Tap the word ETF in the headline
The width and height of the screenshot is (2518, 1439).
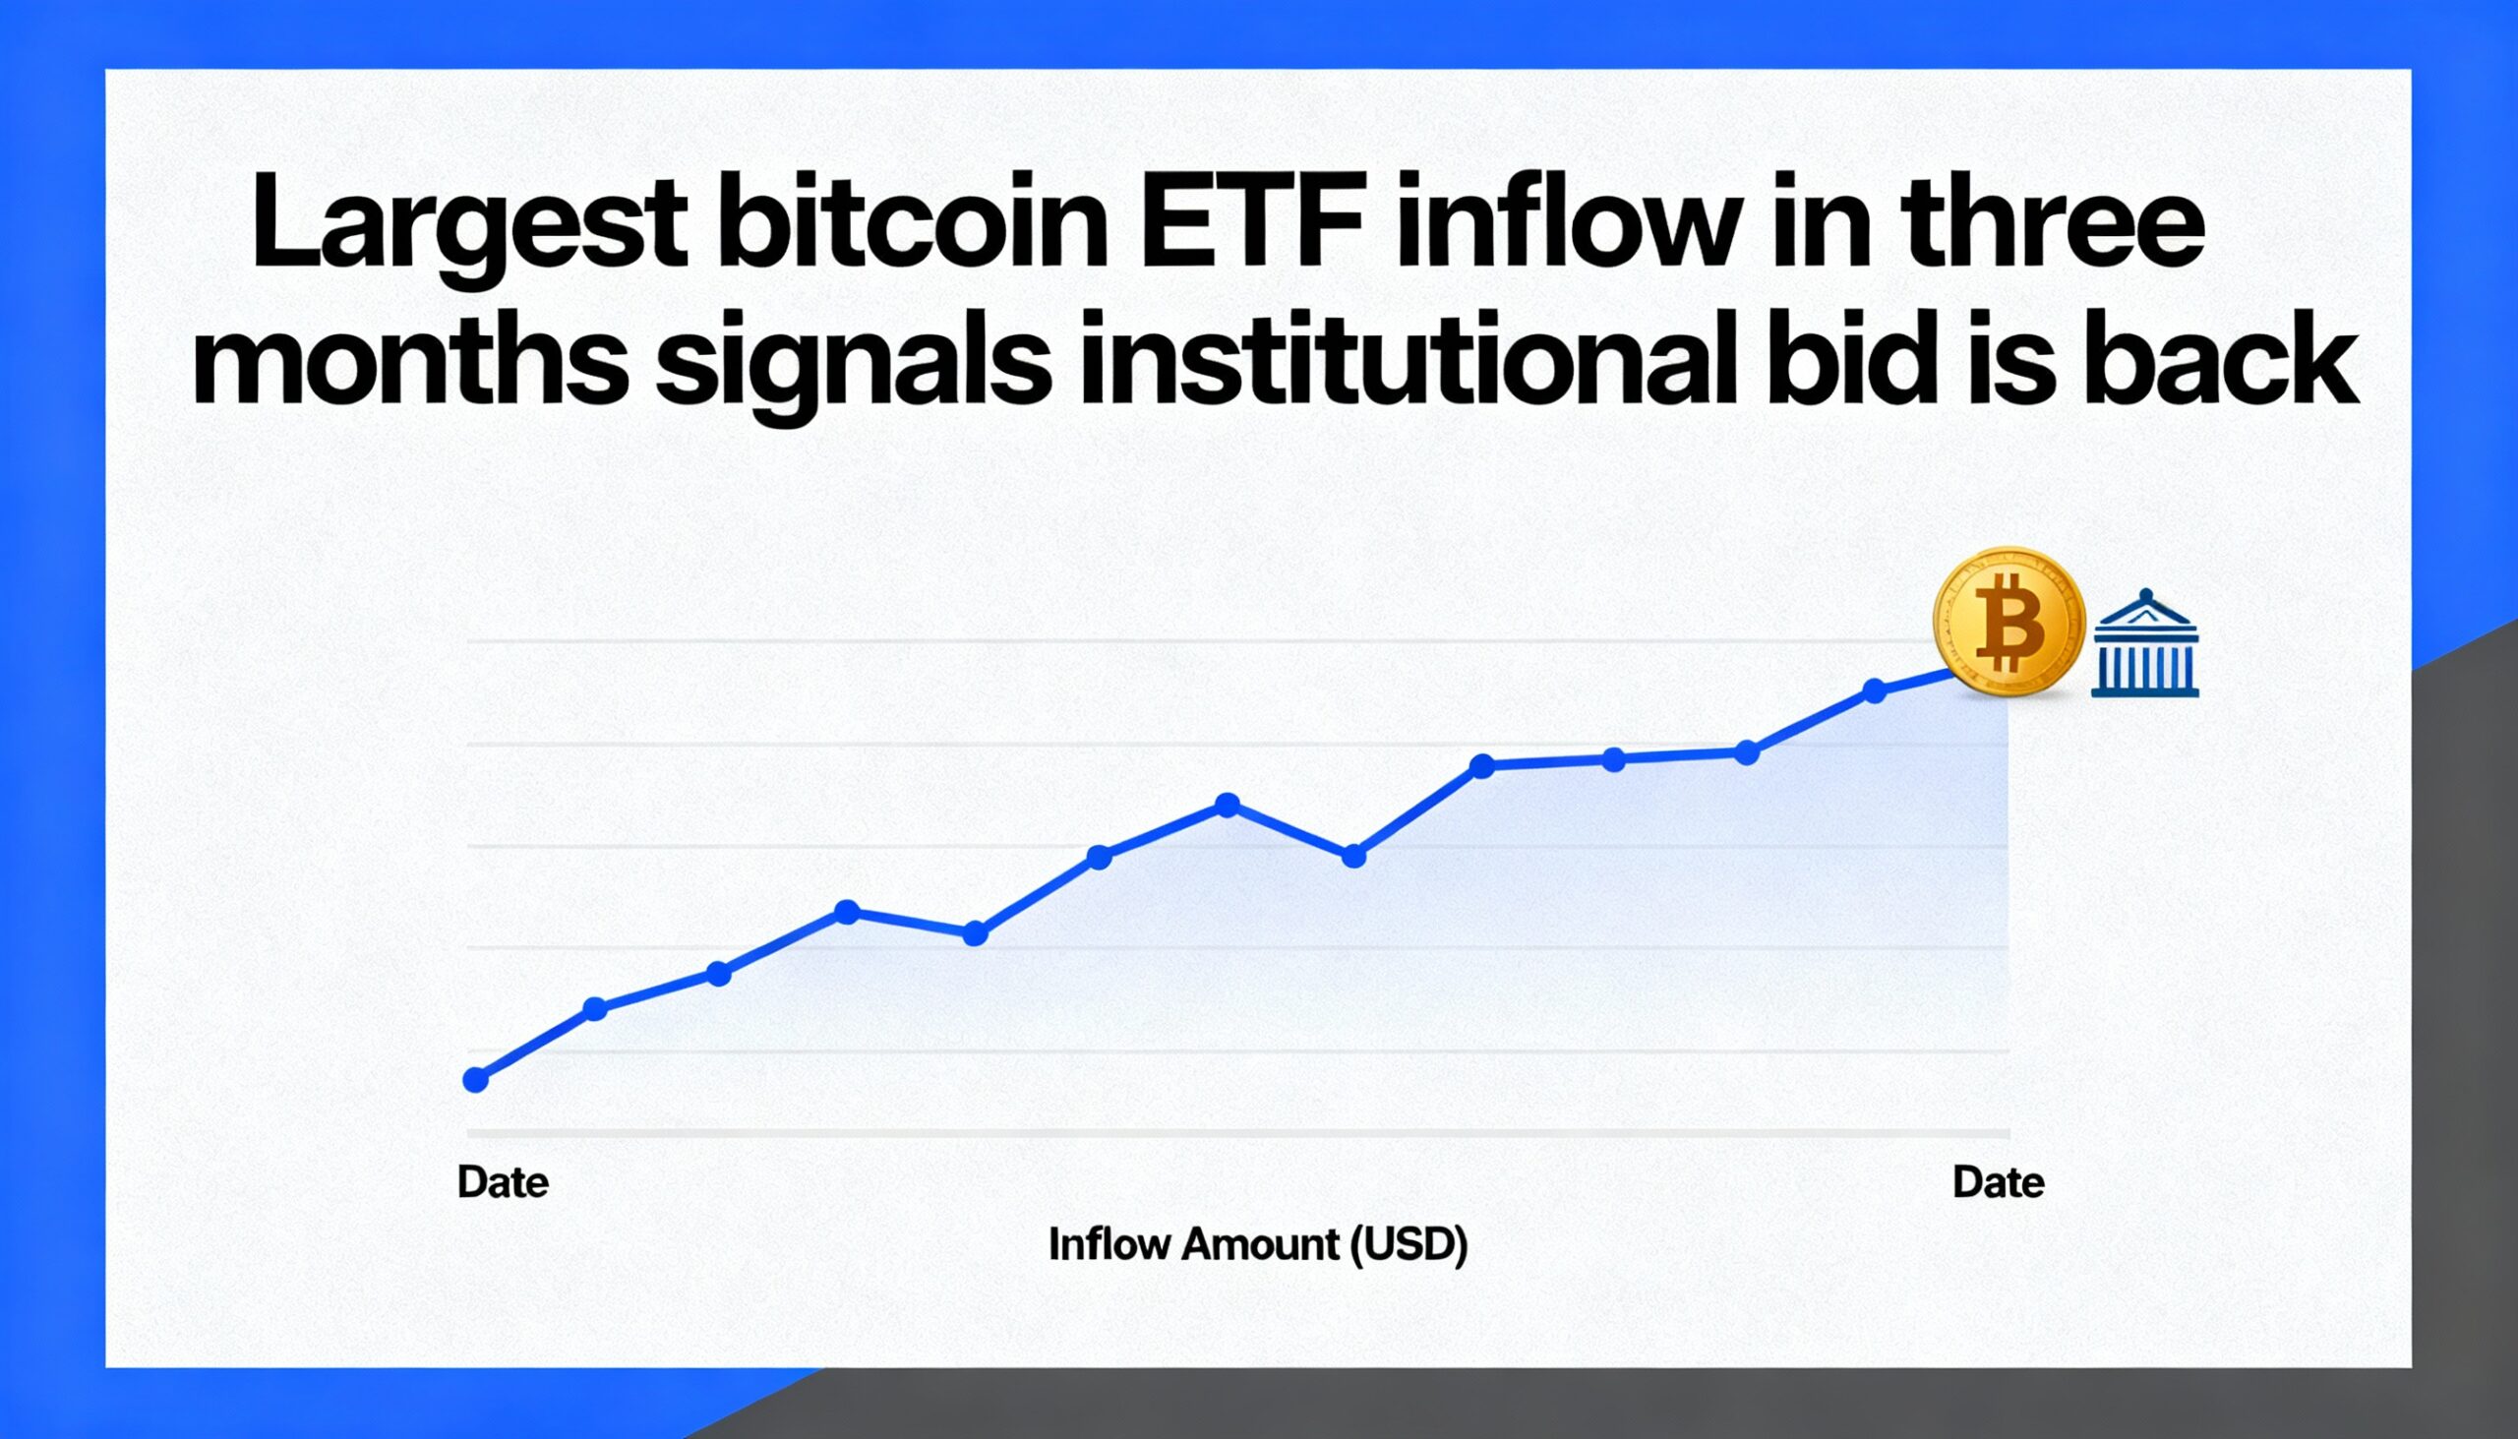point(1254,222)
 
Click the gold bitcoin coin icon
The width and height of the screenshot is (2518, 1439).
point(2009,624)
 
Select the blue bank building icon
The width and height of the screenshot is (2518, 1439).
point(2144,647)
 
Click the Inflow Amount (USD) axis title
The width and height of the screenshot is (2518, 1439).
point(1257,1244)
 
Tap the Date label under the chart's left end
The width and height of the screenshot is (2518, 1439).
point(502,1183)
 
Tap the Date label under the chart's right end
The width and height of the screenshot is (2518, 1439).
point(1999,1183)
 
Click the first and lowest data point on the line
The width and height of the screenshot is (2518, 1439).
point(475,1080)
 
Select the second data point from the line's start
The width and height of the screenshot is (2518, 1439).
point(595,1009)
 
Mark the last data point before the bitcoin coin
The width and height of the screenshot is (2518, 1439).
point(1874,690)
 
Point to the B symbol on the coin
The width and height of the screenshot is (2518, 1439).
point(2009,624)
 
